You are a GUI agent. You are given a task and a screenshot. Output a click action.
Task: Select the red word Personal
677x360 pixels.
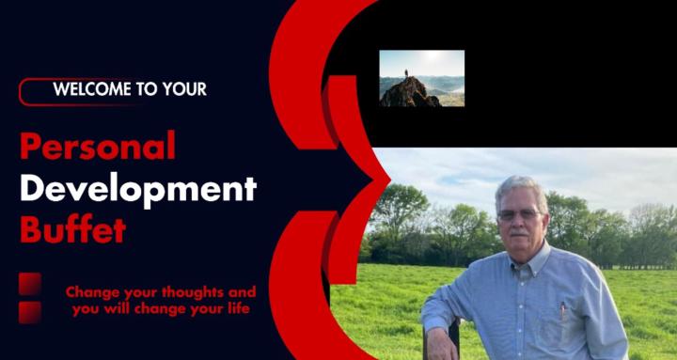(x=98, y=147)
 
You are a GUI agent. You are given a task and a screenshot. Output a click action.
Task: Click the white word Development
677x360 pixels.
(x=138, y=188)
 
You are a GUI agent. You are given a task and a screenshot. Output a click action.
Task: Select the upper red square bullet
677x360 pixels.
(x=30, y=283)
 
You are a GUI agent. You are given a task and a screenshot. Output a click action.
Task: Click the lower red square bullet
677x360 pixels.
(x=30, y=312)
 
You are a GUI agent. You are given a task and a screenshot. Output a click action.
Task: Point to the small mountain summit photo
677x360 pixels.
(x=421, y=78)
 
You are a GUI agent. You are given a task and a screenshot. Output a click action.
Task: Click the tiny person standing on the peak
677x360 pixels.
(x=406, y=72)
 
